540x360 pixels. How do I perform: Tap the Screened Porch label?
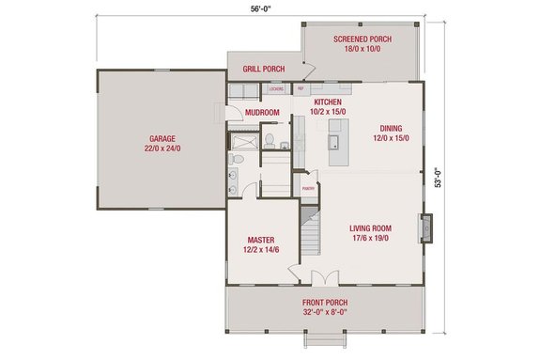(x=363, y=39)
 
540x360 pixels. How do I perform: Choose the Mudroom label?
(x=262, y=113)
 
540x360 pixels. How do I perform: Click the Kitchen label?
(x=327, y=102)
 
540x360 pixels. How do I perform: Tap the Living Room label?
(x=370, y=227)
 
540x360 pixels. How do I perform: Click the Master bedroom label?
(x=260, y=240)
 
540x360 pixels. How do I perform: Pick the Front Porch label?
(x=323, y=304)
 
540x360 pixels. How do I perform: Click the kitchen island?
(x=333, y=142)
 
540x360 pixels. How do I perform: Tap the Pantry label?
(x=307, y=188)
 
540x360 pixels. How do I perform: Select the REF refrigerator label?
(x=301, y=89)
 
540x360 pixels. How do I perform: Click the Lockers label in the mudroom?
(x=276, y=89)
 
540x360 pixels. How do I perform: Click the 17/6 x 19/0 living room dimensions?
(x=370, y=238)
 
